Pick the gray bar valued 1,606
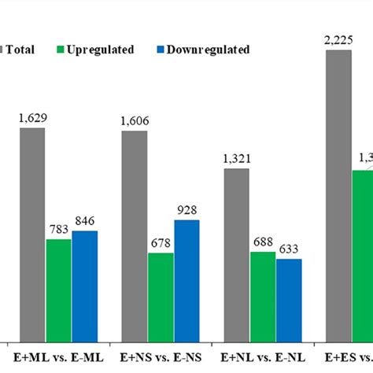coord(134,235)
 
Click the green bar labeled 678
coord(161,296)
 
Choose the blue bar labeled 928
coord(186,279)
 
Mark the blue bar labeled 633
coord(289,299)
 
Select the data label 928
coord(187,211)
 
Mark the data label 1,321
coord(237,160)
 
